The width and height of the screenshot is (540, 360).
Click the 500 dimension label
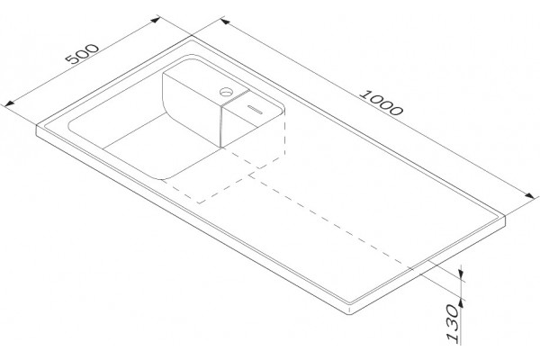point(82,54)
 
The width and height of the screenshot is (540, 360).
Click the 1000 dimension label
point(381,103)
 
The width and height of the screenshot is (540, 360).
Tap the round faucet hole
point(227,92)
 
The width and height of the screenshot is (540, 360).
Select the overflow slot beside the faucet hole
point(256,109)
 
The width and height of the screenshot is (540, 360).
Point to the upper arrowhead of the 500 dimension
point(156,20)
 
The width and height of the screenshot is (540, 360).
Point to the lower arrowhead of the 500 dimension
point(9,103)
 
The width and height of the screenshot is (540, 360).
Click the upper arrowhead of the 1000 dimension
point(225,22)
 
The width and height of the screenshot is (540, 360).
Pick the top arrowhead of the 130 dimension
point(461,274)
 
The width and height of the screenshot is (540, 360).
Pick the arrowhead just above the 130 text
point(461,303)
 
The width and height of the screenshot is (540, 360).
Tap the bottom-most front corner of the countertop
point(350,313)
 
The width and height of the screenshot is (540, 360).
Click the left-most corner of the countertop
point(37,126)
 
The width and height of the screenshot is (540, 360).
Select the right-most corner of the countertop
point(505,217)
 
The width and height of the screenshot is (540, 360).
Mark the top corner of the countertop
point(192,37)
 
